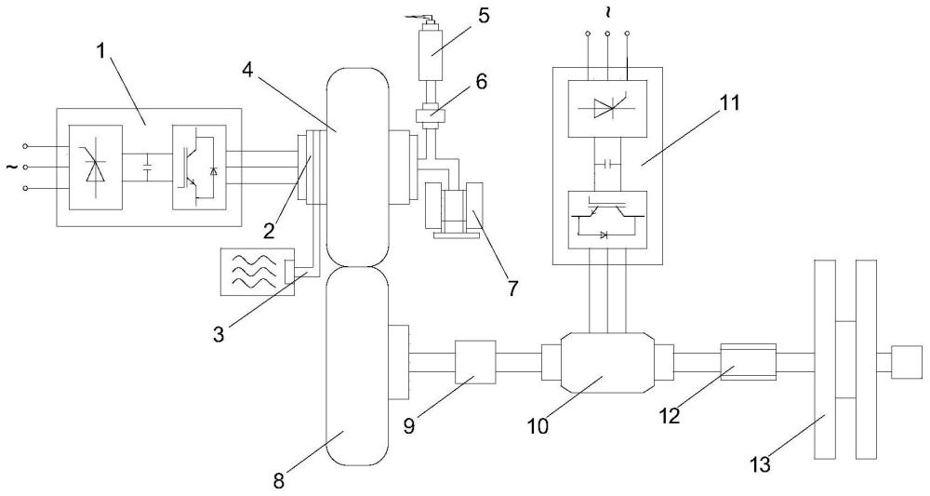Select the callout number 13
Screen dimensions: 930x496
tap(761, 464)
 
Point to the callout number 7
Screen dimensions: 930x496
tap(511, 288)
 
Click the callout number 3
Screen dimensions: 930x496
tap(219, 335)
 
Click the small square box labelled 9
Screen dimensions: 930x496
tap(475, 362)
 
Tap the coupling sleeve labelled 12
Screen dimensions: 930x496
tap(748, 362)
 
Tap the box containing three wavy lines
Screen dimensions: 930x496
tap(257, 271)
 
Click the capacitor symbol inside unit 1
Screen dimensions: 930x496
tap(147, 167)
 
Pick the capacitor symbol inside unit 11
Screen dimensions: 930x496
tap(607, 163)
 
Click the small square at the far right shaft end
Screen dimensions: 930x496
tap(907, 362)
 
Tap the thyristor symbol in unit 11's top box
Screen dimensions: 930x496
tap(607, 108)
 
